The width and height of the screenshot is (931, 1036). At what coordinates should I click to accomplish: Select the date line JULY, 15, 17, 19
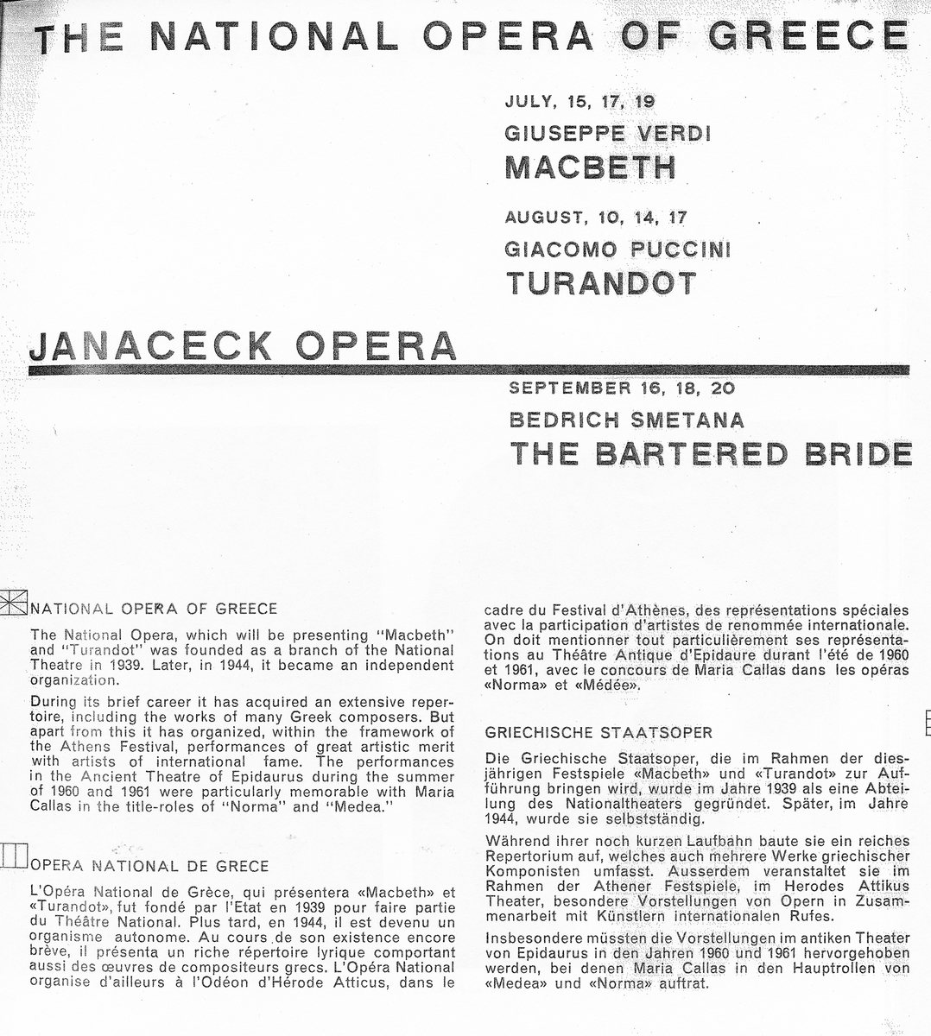pos(579,101)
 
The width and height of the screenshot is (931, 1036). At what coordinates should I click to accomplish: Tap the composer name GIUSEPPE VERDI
pos(607,134)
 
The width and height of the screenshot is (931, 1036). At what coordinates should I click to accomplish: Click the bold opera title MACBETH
pos(590,166)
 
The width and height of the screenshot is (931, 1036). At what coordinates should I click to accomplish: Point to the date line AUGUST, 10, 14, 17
pos(596,218)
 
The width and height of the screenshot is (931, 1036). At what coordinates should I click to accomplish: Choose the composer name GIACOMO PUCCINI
pos(617,250)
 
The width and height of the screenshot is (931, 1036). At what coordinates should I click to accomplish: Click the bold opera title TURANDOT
pos(601,282)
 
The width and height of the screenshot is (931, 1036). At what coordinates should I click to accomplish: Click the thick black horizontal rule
pos(466,370)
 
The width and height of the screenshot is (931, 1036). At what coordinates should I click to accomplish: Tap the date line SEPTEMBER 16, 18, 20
pos(622,388)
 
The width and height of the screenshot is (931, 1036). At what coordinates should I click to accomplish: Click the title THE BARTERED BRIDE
pos(711,453)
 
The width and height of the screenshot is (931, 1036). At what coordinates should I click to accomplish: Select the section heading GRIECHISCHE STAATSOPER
pos(598,733)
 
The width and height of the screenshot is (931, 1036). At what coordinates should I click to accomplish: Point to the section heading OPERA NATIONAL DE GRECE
pos(149,866)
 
